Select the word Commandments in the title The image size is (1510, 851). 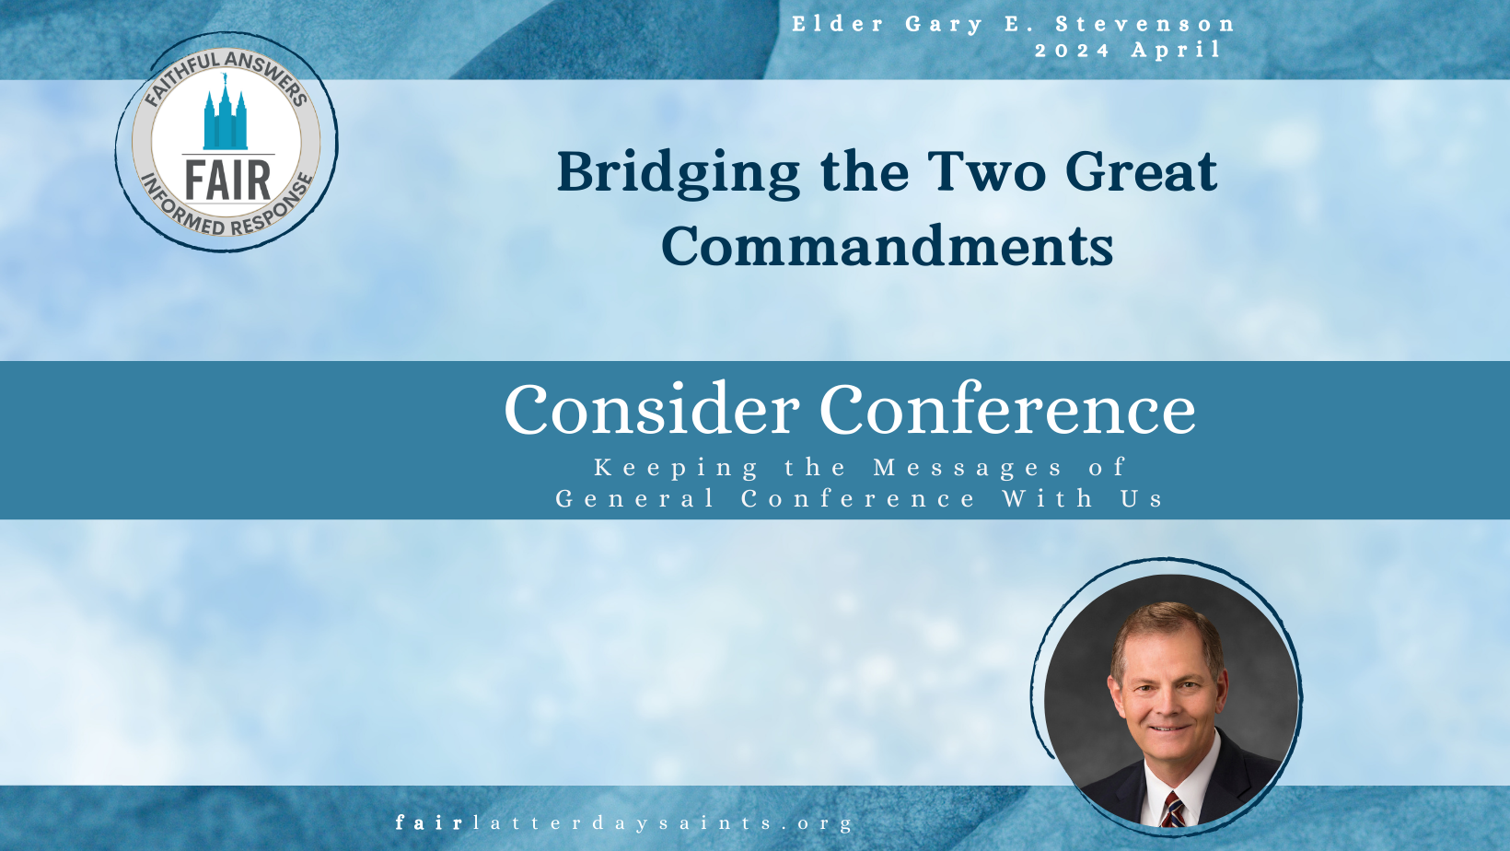888,246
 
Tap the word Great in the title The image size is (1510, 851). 1142,172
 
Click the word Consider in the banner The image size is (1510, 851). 652,409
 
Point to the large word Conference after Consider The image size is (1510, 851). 1008,408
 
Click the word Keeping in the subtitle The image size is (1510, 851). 676,467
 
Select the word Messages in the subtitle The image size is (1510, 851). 968,467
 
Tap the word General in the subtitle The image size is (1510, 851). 634,498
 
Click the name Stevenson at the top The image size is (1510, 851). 1144,24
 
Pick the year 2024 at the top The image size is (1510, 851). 1072,51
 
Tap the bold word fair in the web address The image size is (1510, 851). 429,822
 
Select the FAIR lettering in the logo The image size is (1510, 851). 227,181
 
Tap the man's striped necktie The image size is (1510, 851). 1171,810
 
